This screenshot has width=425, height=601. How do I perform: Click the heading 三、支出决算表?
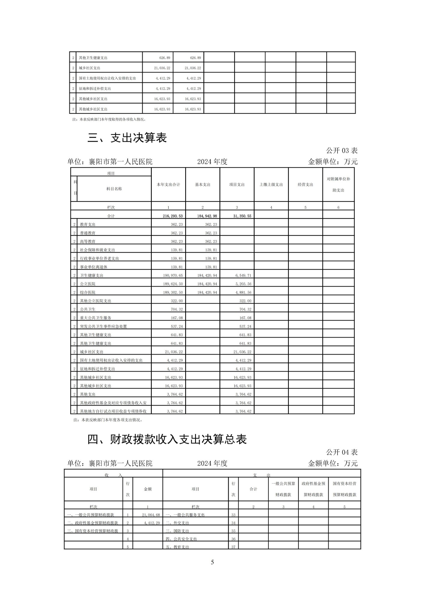[127, 138]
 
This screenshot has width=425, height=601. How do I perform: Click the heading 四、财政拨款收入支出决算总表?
[167, 439]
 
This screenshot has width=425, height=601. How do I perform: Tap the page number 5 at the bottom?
[212, 562]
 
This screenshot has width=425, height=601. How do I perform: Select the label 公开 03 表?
[342, 151]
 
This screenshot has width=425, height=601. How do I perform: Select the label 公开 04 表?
[342, 452]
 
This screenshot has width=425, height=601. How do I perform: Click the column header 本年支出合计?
[168, 185]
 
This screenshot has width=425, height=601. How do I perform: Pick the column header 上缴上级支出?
[271, 185]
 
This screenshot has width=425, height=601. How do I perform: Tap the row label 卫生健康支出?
[92, 275]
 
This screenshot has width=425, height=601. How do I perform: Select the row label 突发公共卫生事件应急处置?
[103, 326]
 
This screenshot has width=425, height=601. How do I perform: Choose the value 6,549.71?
[243, 275]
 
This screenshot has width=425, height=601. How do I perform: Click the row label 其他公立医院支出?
[96, 301]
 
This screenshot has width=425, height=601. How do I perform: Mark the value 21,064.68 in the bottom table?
[151, 515]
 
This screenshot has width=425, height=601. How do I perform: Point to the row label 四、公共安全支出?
[181, 539]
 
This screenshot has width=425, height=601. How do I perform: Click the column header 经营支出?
[305, 185]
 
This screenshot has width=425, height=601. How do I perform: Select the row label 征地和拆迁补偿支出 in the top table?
[95, 89]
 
